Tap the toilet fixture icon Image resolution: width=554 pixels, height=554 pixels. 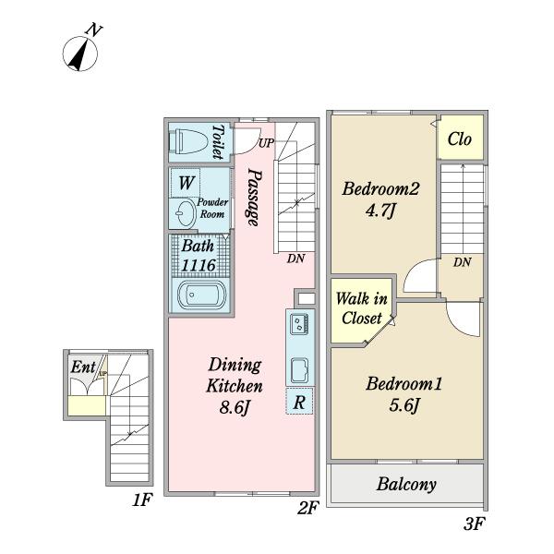[x=188, y=141]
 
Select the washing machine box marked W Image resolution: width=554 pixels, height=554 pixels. [x=186, y=183]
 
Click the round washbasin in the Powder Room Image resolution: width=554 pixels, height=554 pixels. [x=187, y=213]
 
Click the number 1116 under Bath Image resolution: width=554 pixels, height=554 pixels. [x=198, y=265]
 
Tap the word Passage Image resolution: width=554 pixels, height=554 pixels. [x=255, y=198]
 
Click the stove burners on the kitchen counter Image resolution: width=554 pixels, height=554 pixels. [x=299, y=324]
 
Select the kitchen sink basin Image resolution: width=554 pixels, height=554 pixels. [x=299, y=370]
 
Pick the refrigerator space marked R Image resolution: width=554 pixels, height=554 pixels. [x=299, y=401]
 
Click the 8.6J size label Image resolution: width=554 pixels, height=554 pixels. [x=235, y=408]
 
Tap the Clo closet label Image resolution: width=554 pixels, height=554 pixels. [x=459, y=138]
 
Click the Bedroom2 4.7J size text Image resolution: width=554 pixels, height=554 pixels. [x=379, y=211]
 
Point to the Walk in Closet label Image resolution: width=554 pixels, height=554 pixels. [x=362, y=308]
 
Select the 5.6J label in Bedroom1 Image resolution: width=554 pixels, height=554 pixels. [x=404, y=405]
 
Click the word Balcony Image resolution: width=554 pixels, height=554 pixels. [x=406, y=485]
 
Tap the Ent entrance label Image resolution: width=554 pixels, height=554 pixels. [x=83, y=367]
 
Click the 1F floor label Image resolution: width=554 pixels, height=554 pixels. [x=142, y=500]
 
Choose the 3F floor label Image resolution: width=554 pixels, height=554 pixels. [x=473, y=524]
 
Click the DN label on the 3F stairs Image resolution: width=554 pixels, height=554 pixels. [x=463, y=262]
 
